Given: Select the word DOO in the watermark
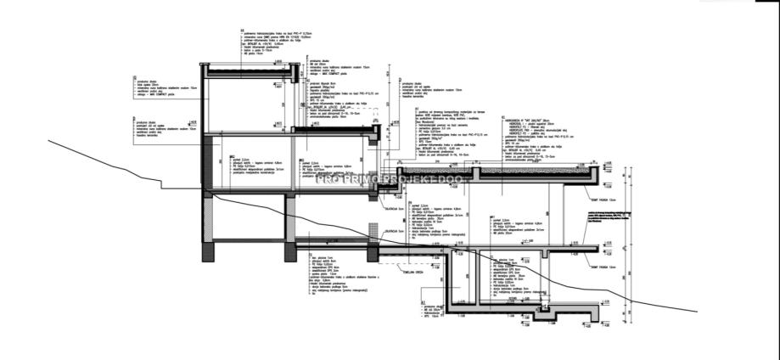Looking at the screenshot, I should point(458,178).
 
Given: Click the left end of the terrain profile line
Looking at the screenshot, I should point(48,138).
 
